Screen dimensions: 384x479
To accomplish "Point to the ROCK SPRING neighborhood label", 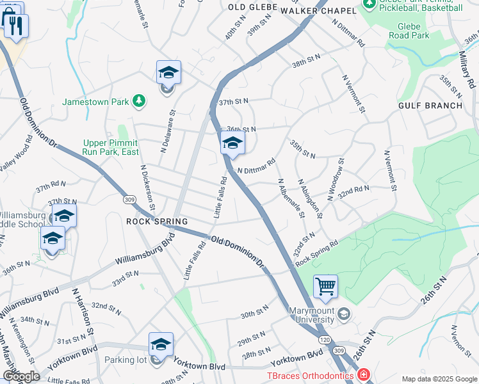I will click(x=157, y=221).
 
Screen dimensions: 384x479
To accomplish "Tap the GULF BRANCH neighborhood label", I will click(x=430, y=105).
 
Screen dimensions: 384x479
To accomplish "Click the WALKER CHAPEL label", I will click(x=318, y=11).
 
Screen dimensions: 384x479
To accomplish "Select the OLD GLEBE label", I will click(x=253, y=7).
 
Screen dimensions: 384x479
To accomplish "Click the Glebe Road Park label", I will click(x=409, y=31).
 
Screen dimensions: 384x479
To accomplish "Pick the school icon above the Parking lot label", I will click(x=161, y=344).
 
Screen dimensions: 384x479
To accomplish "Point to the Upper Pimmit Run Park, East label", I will click(x=111, y=148).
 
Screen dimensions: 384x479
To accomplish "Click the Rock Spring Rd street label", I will click(x=316, y=250).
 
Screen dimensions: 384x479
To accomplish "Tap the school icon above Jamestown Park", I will click(x=168, y=72).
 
